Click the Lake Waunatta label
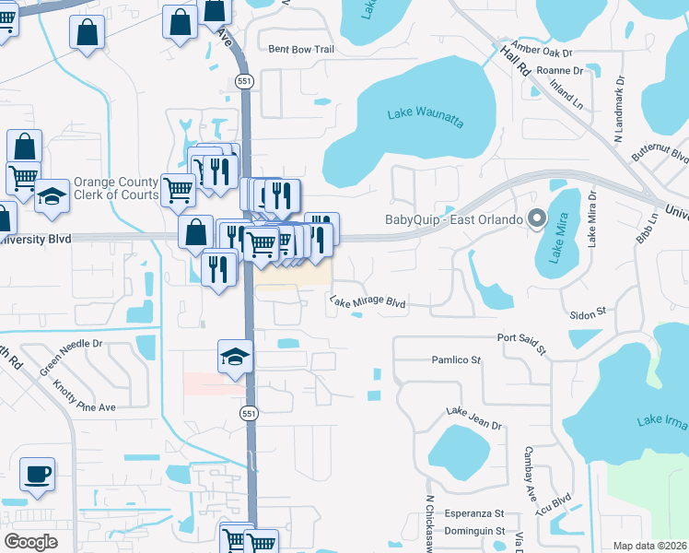(x=425, y=113)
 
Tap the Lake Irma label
(x=660, y=421)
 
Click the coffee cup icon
(x=37, y=475)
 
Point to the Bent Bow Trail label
(x=299, y=49)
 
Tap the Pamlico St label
(x=457, y=359)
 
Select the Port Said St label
(x=521, y=344)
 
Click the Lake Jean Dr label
(x=473, y=418)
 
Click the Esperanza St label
(x=475, y=513)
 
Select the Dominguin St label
(x=473, y=531)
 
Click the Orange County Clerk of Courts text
(x=116, y=189)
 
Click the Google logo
(x=31, y=542)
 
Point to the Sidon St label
(x=587, y=313)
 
